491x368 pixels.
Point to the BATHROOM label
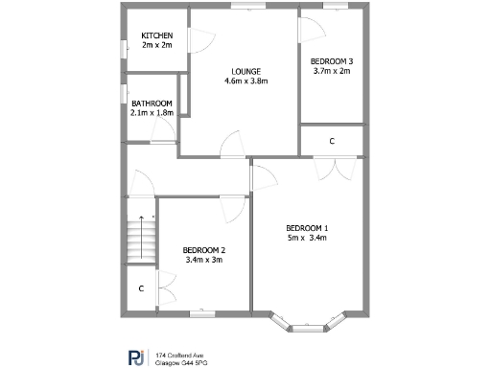tap(152, 103)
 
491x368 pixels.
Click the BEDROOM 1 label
tap(307, 227)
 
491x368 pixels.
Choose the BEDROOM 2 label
tap(203, 249)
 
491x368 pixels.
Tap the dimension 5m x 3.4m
tap(307, 238)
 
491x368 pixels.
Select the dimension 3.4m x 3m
tap(203, 260)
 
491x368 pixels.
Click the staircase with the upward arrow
tap(141, 240)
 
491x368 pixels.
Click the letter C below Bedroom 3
tap(332, 141)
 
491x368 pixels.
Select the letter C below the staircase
tap(141, 287)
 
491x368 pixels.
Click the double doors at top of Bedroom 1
tap(331, 168)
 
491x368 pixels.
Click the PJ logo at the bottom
tap(136, 356)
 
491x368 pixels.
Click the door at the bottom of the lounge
tap(232, 146)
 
